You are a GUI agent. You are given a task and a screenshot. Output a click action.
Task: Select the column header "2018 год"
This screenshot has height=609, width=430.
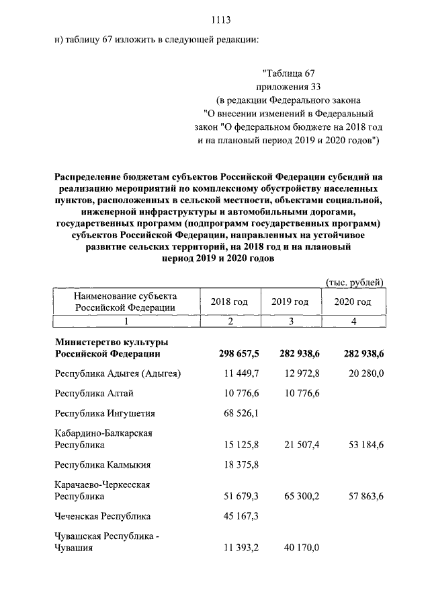pyautogui.click(x=228, y=301)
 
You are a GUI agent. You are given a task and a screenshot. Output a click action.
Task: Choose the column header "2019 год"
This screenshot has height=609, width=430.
pyautogui.click(x=290, y=301)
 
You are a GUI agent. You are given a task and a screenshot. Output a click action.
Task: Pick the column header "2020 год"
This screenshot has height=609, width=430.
pyautogui.click(x=353, y=301)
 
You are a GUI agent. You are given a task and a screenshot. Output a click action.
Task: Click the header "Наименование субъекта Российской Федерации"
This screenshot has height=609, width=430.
pyautogui.click(x=126, y=301)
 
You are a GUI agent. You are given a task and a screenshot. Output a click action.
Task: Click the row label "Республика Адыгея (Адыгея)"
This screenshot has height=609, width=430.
pyautogui.click(x=118, y=373)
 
